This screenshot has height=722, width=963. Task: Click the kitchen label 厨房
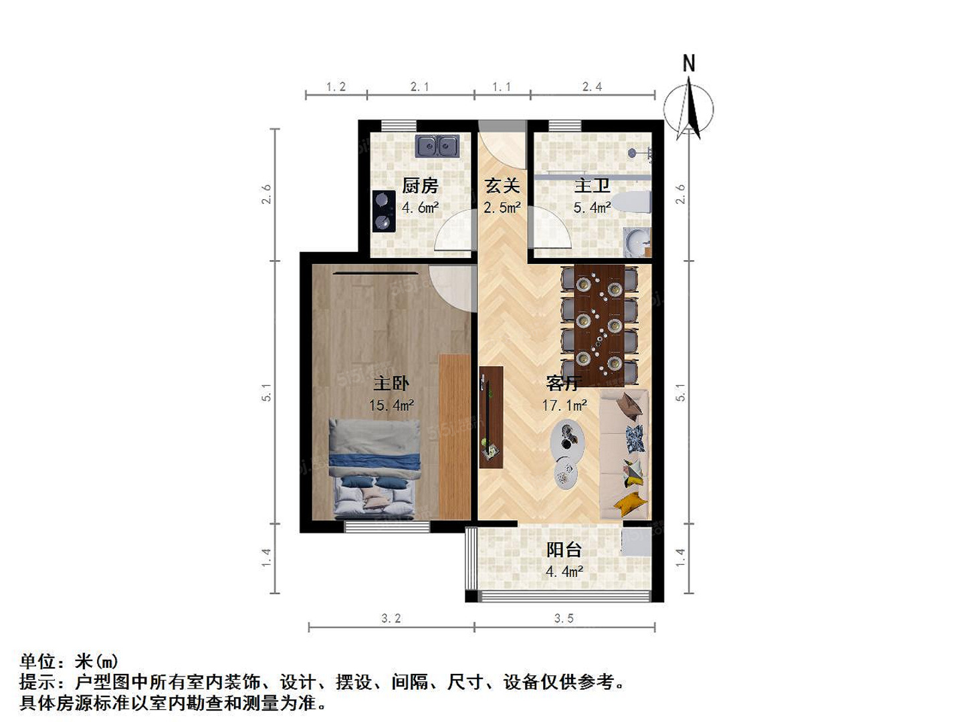tap(420, 186)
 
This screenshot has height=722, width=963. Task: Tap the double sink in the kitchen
tap(437, 146)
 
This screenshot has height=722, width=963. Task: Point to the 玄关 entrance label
tap(502, 186)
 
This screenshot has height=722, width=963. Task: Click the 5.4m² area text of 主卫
tap(592, 207)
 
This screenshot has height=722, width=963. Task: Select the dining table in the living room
tap(599, 325)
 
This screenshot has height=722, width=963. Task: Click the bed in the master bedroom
tap(374, 468)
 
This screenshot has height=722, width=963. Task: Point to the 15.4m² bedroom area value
tap(391, 405)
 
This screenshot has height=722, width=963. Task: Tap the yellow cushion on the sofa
tap(631, 503)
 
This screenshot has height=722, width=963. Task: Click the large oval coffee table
tap(567, 441)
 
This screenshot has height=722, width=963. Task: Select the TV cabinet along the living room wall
tap(491, 417)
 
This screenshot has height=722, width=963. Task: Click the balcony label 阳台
tap(564, 550)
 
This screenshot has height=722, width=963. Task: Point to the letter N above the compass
tap(689, 64)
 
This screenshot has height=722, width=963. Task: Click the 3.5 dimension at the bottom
tap(564, 618)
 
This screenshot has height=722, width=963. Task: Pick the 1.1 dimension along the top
tap(502, 87)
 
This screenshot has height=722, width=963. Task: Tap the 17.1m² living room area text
tap(564, 405)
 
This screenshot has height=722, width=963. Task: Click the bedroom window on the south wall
tap(387, 526)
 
